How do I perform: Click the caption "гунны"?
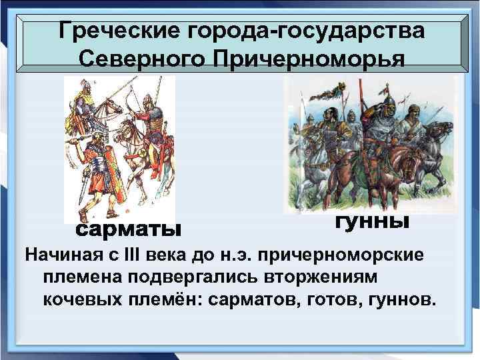tap(370, 221)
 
